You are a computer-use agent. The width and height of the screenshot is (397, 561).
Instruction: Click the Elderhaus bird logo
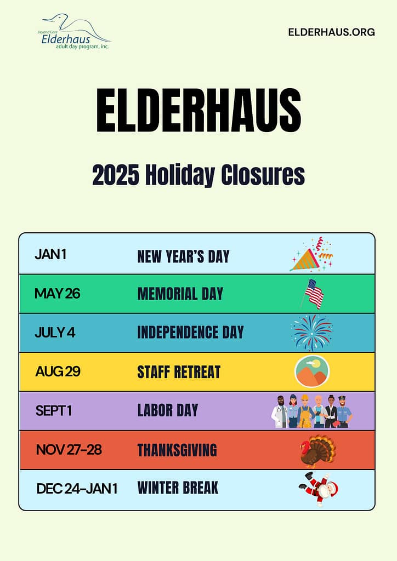tap(75, 31)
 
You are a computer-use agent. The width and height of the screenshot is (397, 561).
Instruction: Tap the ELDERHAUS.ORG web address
tap(332, 32)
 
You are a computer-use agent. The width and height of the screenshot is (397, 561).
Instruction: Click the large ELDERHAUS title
tap(198, 111)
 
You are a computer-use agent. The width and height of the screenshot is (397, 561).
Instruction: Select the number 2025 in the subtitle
tap(115, 175)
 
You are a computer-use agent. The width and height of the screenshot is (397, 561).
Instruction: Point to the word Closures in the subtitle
tap(263, 175)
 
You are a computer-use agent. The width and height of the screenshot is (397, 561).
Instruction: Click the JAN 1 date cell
tap(50, 254)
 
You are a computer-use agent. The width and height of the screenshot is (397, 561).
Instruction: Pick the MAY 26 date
tap(57, 294)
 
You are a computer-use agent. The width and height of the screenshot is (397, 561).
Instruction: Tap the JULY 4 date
tap(55, 333)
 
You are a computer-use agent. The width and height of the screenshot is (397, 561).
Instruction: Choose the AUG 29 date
tap(58, 372)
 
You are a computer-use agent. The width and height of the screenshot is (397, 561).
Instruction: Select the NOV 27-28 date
tap(69, 450)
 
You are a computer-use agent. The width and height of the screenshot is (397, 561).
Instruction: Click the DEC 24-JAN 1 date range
tap(77, 489)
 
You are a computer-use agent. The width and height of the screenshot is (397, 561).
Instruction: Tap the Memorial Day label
tap(180, 294)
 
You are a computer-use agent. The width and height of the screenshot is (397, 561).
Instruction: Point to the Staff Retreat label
tap(179, 372)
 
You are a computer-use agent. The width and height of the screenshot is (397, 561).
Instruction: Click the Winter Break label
tap(178, 488)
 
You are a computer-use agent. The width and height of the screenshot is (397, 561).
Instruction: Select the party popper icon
tap(311, 254)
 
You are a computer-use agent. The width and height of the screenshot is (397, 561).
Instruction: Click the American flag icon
tap(313, 294)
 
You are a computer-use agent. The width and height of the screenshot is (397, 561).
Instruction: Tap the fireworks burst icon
tap(312, 333)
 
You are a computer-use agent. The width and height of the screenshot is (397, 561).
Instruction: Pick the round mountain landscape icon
tap(312, 371)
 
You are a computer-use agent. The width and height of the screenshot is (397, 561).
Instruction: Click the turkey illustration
tap(317, 451)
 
